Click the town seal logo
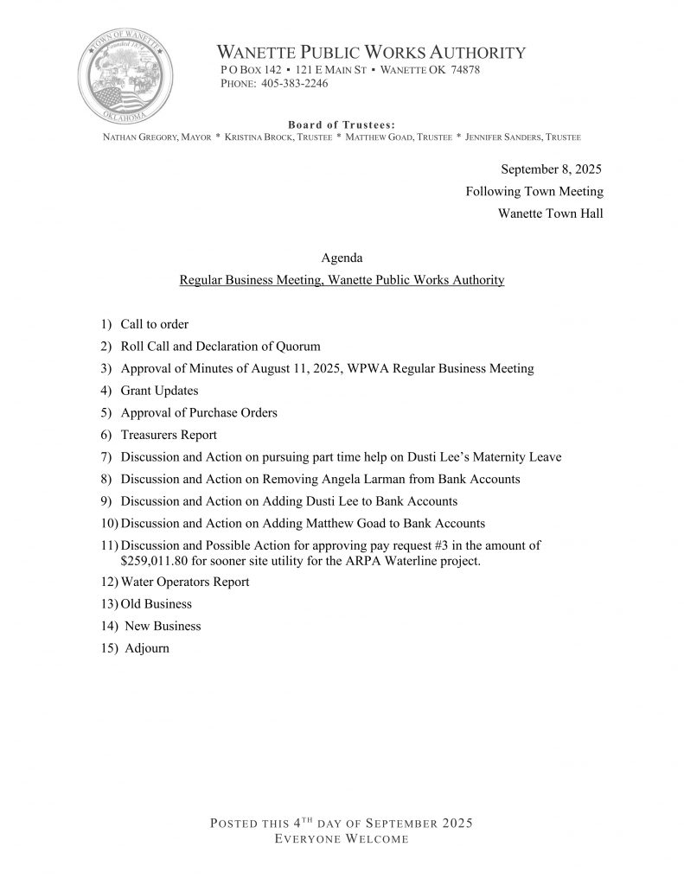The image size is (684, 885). (125, 79)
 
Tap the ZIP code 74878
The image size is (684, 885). (465, 70)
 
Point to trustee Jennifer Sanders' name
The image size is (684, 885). (522, 138)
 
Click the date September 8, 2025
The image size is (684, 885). (552, 169)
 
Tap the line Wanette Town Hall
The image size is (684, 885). (551, 213)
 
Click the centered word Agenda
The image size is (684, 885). (342, 258)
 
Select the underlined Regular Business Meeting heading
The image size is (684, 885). (342, 281)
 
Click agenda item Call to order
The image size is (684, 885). (154, 325)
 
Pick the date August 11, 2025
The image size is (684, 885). (266, 369)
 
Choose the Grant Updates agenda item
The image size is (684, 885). (159, 391)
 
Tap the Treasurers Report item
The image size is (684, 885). (169, 435)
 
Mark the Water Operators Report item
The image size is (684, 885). (185, 583)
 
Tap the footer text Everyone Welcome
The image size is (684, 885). (342, 839)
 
